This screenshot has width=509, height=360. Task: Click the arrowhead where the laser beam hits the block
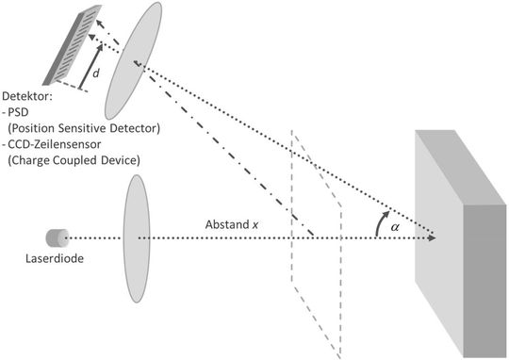[x=432, y=237]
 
